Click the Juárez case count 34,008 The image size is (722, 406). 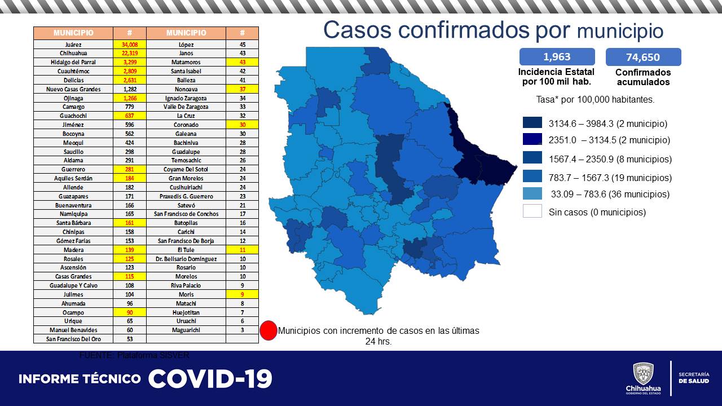pyautogui.click(x=129, y=45)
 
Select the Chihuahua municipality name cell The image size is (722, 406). pyautogui.click(x=73, y=54)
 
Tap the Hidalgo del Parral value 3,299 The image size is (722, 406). pyautogui.click(x=129, y=62)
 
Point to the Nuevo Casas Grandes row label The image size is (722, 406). pyautogui.click(x=73, y=89)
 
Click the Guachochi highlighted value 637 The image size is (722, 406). pyautogui.click(x=129, y=116)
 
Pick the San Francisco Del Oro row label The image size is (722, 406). pyautogui.click(x=73, y=339)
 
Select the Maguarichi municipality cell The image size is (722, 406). pyautogui.click(x=186, y=330)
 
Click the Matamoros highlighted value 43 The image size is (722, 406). pyautogui.click(x=242, y=62)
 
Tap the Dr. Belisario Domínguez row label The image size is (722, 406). pyautogui.click(x=186, y=259)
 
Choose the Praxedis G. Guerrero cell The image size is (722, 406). pyautogui.click(x=186, y=196)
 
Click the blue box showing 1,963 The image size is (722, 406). pyautogui.click(x=557, y=57)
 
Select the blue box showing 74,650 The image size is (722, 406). pyautogui.click(x=643, y=57)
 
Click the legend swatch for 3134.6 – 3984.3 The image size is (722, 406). pyautogui.click(x=532, y=123)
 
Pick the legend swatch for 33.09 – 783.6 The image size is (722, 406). pyautogui.click(x=532, y=194)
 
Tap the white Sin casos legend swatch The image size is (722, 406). pyautogui.click(x=532, y=212)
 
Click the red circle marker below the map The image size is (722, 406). pyautogui.click(x=268, y=330)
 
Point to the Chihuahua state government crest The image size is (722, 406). pyautogui.click(x=643, y=374)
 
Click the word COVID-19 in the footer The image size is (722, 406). pyautogui.click(x=210, y=378)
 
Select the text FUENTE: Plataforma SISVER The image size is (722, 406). pyautogui.click(x=134, y=355)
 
